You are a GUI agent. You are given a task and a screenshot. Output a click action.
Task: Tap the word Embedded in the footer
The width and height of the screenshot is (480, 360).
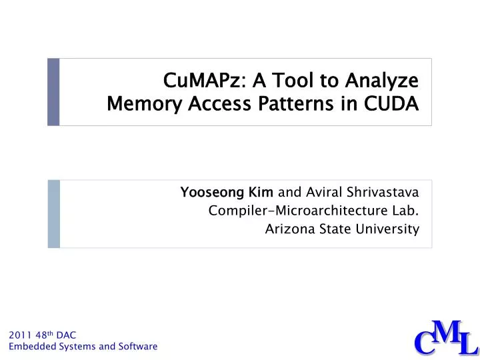click(29, 347)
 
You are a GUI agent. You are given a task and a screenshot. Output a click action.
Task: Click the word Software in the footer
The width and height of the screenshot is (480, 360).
click(137, 347)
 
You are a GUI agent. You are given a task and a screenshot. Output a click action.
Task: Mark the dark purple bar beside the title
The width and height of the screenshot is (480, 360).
click(53, 92)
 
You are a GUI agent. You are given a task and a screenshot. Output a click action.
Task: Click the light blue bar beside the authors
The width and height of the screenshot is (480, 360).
click(53, 213)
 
